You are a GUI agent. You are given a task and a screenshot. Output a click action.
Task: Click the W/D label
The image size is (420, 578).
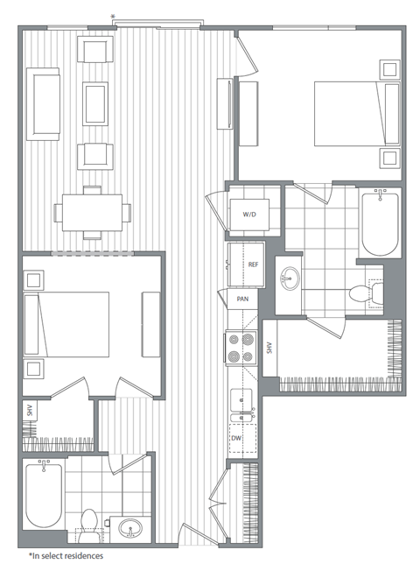(x=248, y=214)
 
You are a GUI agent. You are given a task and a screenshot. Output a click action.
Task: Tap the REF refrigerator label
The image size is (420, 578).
(x=253, y=264)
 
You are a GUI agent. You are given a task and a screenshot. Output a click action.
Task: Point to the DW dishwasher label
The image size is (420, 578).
(x=236, y=437)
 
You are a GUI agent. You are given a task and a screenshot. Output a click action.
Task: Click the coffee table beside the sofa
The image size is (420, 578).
(x=94, y=104)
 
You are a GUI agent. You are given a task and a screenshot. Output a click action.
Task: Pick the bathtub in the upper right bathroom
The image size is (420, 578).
(x=380, y=223)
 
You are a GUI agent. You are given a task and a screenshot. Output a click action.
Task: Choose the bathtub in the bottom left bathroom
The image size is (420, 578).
(x=42, y=494)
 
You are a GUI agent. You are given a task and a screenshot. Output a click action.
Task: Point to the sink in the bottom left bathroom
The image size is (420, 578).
(x=130, y=529)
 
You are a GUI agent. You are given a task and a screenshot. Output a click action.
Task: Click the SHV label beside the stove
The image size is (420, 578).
(x=270, y=349)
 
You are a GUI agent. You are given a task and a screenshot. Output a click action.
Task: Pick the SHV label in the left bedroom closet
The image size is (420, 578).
(x=30, y=410)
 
